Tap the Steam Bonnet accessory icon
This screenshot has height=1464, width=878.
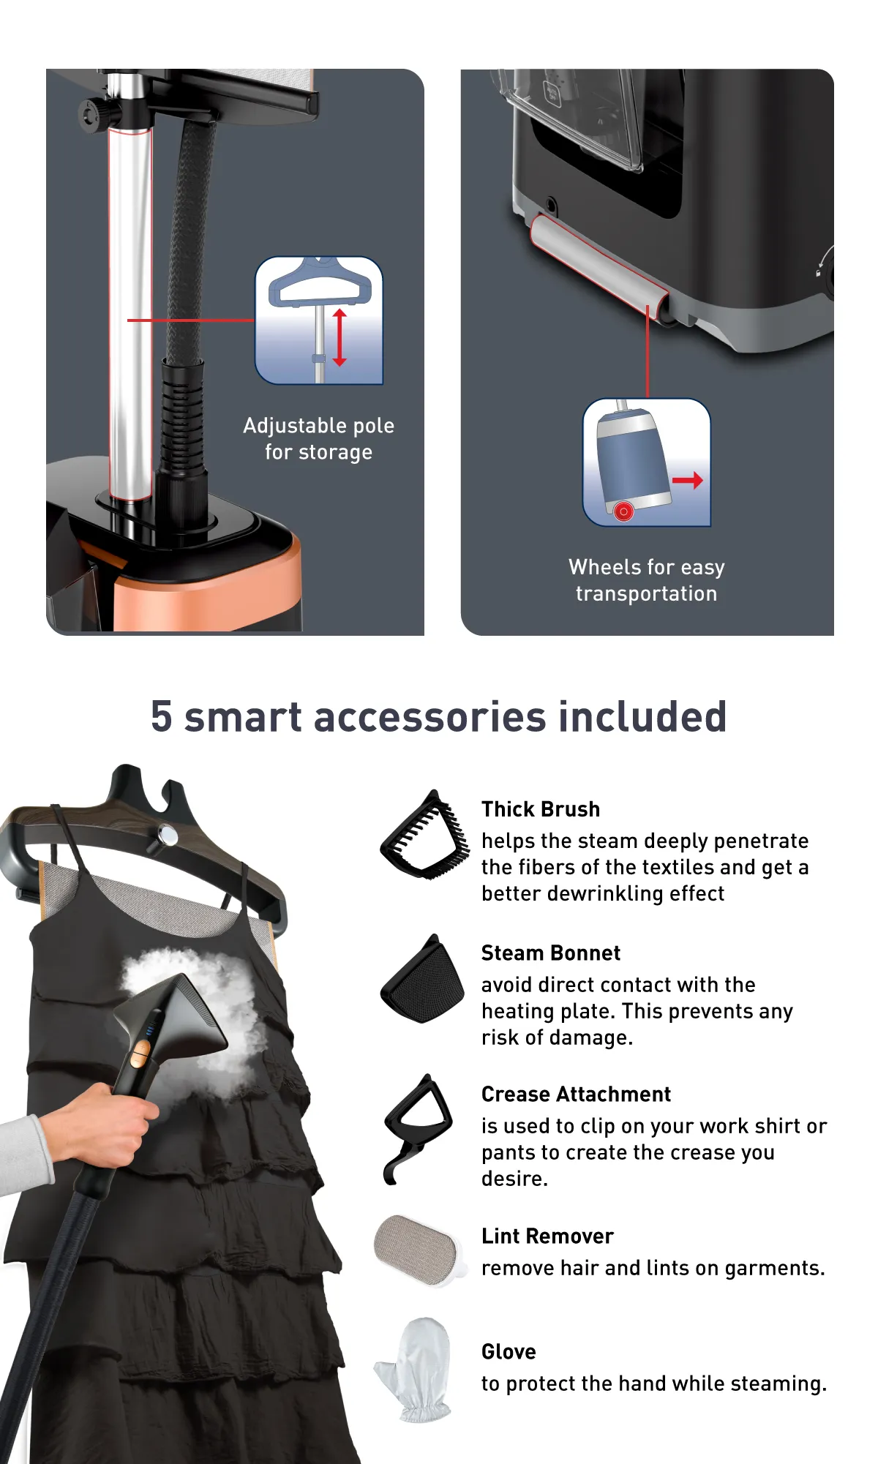[x=423, y=980]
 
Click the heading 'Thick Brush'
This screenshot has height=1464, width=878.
[x=541, y=809]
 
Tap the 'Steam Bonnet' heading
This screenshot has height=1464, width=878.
[x=551, y=953]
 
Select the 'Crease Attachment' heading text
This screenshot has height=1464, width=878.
[x=576, y=1095]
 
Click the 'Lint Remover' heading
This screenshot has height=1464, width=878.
[x=547, y=1236]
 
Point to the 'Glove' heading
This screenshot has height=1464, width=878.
[x=509, y=1352]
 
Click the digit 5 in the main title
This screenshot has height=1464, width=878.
[x=162, y=717]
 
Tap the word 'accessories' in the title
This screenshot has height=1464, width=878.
[x=430, y=717]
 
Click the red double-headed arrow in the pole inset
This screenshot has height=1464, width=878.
[x=339, y=337]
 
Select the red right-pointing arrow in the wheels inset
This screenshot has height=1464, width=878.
[x=688, y=481]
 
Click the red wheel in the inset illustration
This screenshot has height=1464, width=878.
[x=623, y=511]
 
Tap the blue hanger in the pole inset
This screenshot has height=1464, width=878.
[x=320, y=283]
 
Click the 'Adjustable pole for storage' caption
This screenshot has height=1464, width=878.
[x=318, y=439]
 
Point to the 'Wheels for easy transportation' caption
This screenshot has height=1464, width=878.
[x=647, y=580]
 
